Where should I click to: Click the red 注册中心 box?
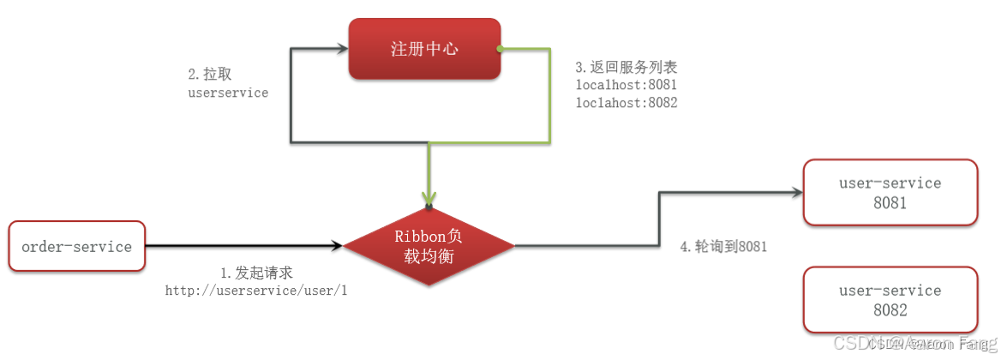[423, 49]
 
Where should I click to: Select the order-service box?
[77, 247]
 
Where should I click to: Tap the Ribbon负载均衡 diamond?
[429, 246]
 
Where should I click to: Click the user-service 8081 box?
[890, 193]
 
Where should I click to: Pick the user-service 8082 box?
[890, 300]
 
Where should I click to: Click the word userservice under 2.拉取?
[228, 93]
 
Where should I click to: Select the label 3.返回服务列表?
[626, 67]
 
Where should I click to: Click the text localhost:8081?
[626, 85]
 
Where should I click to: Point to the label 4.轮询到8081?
[723, 246]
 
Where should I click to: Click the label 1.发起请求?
[256, 273]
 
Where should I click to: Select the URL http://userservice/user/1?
[256, 291]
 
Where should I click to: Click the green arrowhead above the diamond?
[429, 197]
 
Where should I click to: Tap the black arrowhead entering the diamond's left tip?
[336, 246]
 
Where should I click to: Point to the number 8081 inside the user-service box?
[890, 204]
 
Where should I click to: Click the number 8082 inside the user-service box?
[890, 311]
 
